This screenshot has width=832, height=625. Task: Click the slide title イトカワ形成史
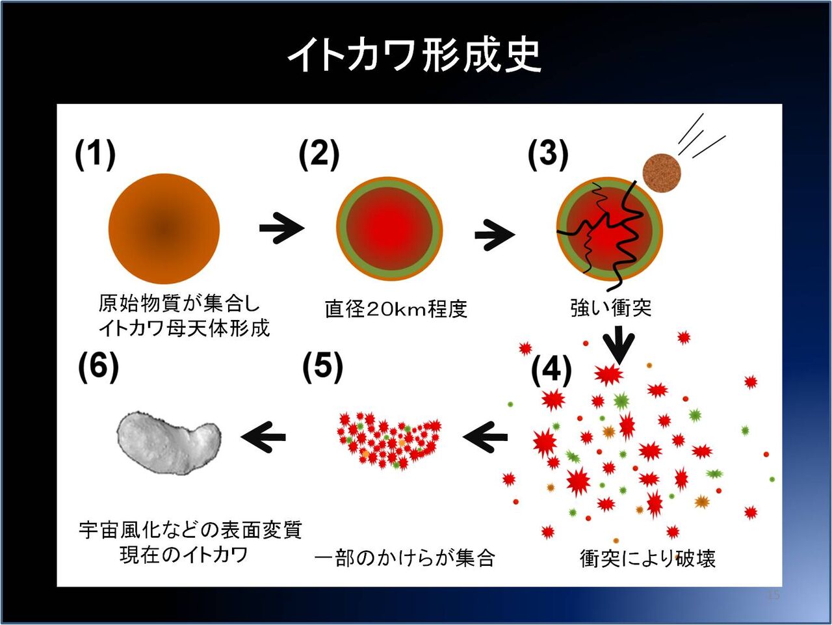click(x=415, y=55)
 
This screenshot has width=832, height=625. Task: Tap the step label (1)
click(x=95, y=155)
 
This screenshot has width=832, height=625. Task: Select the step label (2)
click(x=318, y=155)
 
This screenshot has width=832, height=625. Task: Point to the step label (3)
click(x=547, y=155)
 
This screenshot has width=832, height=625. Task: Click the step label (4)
click(x=551, y=370)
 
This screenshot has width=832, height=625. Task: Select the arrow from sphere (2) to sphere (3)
click(x=495, y=234)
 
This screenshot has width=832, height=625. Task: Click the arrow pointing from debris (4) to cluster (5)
click(x=485, y=436)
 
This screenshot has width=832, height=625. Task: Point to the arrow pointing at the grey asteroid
click(x=263, y=436)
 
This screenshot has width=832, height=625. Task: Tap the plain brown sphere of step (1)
click(x=164, y=228)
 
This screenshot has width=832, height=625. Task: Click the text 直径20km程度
click(x=396, y=308)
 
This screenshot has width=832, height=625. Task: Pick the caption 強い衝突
click(x=610, y=308)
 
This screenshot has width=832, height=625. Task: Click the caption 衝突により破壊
click(x=647, y=558)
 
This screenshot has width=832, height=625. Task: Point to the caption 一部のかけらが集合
click(x=404, y=558)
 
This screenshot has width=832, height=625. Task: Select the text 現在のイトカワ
click(x=184, y=555)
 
